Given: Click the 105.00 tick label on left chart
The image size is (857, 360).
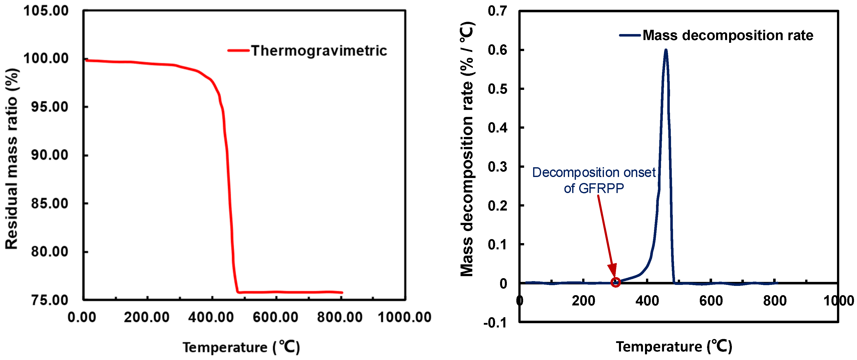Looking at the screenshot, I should coord(46,11).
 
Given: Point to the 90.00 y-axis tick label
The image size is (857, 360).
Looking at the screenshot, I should coord(50,155).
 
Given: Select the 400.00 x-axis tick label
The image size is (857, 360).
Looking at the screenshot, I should coord(211,317).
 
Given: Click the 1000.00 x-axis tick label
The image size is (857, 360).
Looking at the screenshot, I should coord(404,317).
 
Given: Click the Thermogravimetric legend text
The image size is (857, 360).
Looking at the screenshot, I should coord(319,51).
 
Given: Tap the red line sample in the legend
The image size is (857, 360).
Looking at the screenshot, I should coord(238,51).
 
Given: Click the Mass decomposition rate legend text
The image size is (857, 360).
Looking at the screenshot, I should coord(728,35).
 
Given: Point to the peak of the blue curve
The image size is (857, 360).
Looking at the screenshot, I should coord(666,51).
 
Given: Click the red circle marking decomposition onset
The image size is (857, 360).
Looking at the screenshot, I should coord(615,282).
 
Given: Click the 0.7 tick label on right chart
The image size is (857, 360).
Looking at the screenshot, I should coord(497,11).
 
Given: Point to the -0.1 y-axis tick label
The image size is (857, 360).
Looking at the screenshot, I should coord(495,323).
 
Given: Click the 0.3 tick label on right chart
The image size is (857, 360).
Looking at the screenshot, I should coord(497,167).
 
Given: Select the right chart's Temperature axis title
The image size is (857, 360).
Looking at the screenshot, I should coord(674,347).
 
